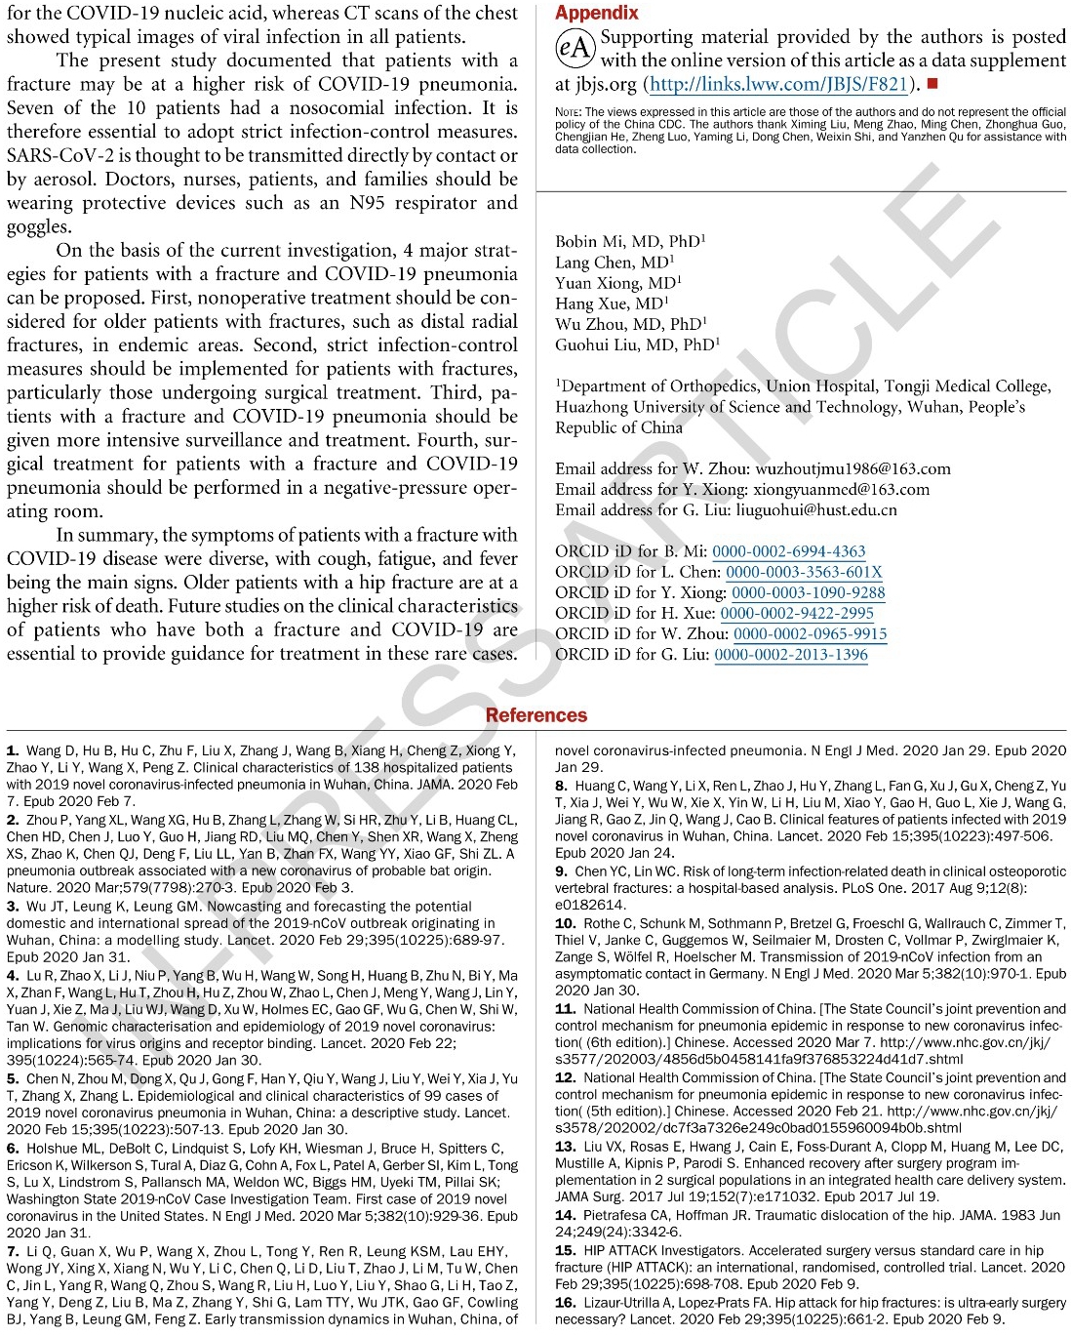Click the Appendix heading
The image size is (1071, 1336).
coord(596,13)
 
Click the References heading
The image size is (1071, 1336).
coord(535,715)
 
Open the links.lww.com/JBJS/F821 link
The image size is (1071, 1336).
coord(779,84)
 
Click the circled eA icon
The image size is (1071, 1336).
coord(575,48)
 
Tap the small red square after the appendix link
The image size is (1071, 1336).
coord(932,84)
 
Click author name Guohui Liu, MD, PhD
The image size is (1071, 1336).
coord(637,344)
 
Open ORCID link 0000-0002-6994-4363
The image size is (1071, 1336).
coord(788,551)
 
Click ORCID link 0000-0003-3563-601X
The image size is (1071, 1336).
coord(804,572)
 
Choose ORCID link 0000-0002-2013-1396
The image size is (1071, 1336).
coord(791,654)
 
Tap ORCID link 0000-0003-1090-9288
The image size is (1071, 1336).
coord(808,592)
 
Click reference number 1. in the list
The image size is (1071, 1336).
coord(13,750)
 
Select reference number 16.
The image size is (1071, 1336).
coord(565,1302)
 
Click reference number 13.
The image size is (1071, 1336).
coord(565,1147)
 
